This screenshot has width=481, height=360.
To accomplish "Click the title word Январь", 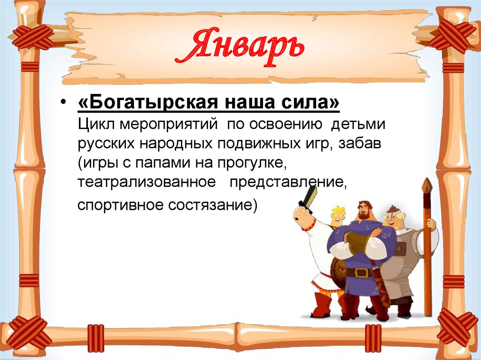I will pyautogui.click(x=239, y=49).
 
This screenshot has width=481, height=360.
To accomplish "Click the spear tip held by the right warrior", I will pyautogui.click(x=427, y=185).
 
